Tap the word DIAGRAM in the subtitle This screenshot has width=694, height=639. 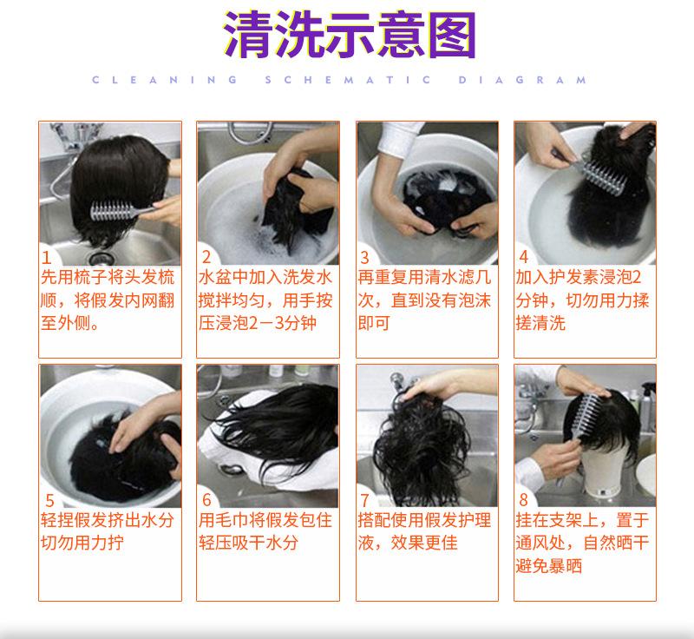[x=522, y=80]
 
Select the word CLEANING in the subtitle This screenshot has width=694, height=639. [x=165, y=80]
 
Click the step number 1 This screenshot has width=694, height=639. [x=47, y=257]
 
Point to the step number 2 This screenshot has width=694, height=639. [x=206, y=257]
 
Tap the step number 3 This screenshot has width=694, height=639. [x=365, y=257]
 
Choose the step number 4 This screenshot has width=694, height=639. [x=523, y=257]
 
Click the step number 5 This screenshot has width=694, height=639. [x=49, y=500]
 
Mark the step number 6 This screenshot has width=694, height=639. [x=206, y=500]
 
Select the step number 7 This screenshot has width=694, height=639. [x=365, y=500]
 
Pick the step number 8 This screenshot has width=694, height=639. [x=523, y=500]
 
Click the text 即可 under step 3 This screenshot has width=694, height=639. [x=374, y=323]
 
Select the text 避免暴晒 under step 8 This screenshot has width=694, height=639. [x=548, y=566]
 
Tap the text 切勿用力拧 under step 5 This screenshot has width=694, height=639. [x=82, y=543]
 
